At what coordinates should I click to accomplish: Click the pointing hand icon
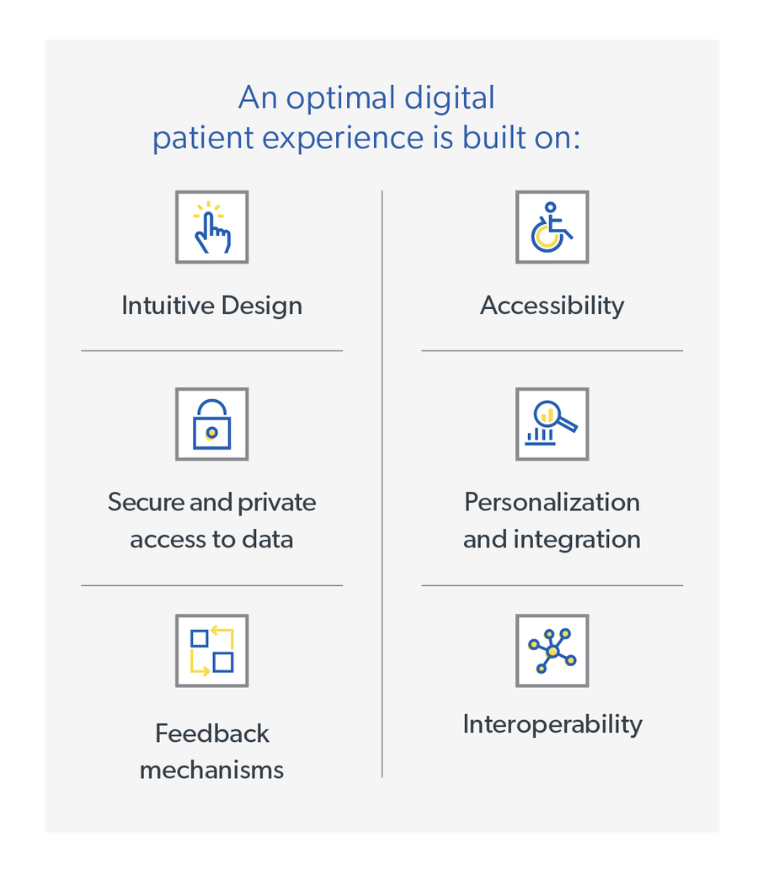point(211,227)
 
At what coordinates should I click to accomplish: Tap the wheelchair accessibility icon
point(552,227)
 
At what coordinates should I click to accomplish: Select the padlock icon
point(211,424)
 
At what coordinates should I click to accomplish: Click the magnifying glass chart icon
point(552,424)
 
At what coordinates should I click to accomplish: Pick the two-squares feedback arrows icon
point(211,650)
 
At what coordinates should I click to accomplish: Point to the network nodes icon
point(552,650)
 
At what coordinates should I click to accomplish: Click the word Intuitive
point(163,305)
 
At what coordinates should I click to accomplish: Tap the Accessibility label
point(552,305)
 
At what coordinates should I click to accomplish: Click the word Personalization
point(552,503)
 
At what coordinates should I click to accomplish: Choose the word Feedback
point(211,734)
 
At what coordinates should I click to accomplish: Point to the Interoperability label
point(552,724)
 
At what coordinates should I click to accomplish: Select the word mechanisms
point(211,770)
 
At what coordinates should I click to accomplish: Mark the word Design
point(260,305)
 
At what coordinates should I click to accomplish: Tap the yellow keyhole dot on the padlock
point(211,432)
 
